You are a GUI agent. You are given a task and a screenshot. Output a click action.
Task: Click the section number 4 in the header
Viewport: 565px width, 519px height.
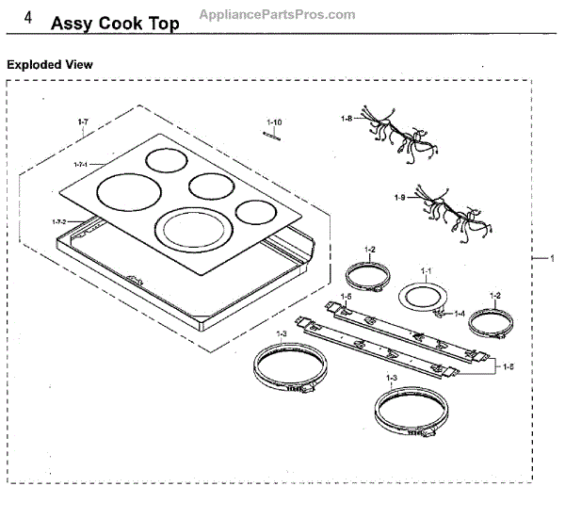[x=31, y=20]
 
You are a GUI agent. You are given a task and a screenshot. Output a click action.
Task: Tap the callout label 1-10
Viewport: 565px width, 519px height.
[x=274, y=122]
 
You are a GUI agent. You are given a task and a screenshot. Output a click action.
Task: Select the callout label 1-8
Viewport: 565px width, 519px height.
[x=347, y=119]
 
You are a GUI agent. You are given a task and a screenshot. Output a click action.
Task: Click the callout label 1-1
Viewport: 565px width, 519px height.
[x=426, y=271]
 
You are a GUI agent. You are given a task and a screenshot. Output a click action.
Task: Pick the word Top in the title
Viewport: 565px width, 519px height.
[x=159, y=23]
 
